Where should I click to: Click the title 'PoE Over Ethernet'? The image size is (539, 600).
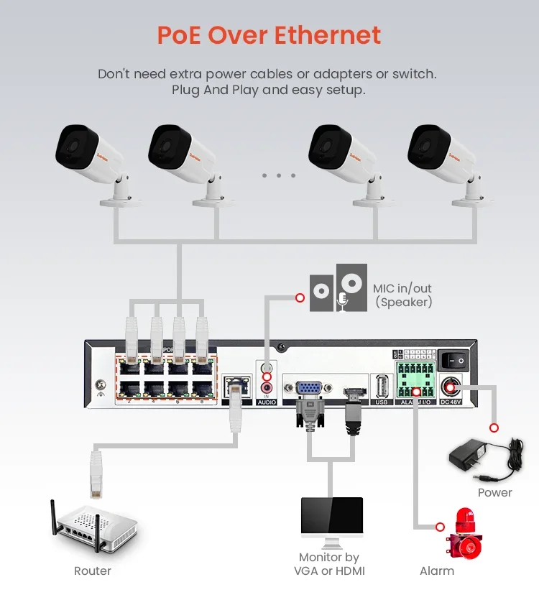coord(269,35)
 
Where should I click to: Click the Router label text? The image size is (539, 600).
coord(93,571)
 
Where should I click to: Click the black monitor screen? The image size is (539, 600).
coord(331,518)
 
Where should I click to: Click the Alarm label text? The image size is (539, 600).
coord(437,571)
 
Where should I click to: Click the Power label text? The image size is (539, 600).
coord(495,493)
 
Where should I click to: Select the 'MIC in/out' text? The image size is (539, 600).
coord(402,289)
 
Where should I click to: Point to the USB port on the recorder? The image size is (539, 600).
coord(381,388)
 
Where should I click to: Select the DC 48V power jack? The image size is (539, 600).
coord(451,388)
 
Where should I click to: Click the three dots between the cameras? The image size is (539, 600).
coord(279,175)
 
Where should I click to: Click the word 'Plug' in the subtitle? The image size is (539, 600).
coord(185,90)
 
